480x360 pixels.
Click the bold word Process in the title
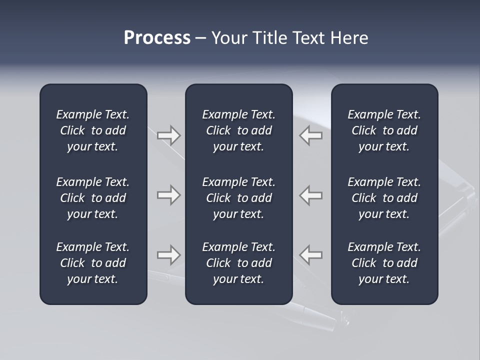(157, 38)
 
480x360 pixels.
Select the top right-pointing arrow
(168, 135)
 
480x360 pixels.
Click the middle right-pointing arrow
(168, 195)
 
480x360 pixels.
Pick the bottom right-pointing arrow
(168, 255)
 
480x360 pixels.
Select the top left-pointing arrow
(311, 135)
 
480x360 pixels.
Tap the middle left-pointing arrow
(311, 195)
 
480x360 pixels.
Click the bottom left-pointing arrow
(311, 255)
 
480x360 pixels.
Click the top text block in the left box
(93, 130)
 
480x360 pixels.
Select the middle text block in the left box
(93, 198)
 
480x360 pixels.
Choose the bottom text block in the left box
(93, 263)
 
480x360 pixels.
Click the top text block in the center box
(238, 130)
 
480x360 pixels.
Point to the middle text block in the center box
(238, 198)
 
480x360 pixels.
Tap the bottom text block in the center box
(238, 263)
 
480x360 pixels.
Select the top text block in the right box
(384, 130)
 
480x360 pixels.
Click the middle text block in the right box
(384, 198)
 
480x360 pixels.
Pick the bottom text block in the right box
(384, 263)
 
